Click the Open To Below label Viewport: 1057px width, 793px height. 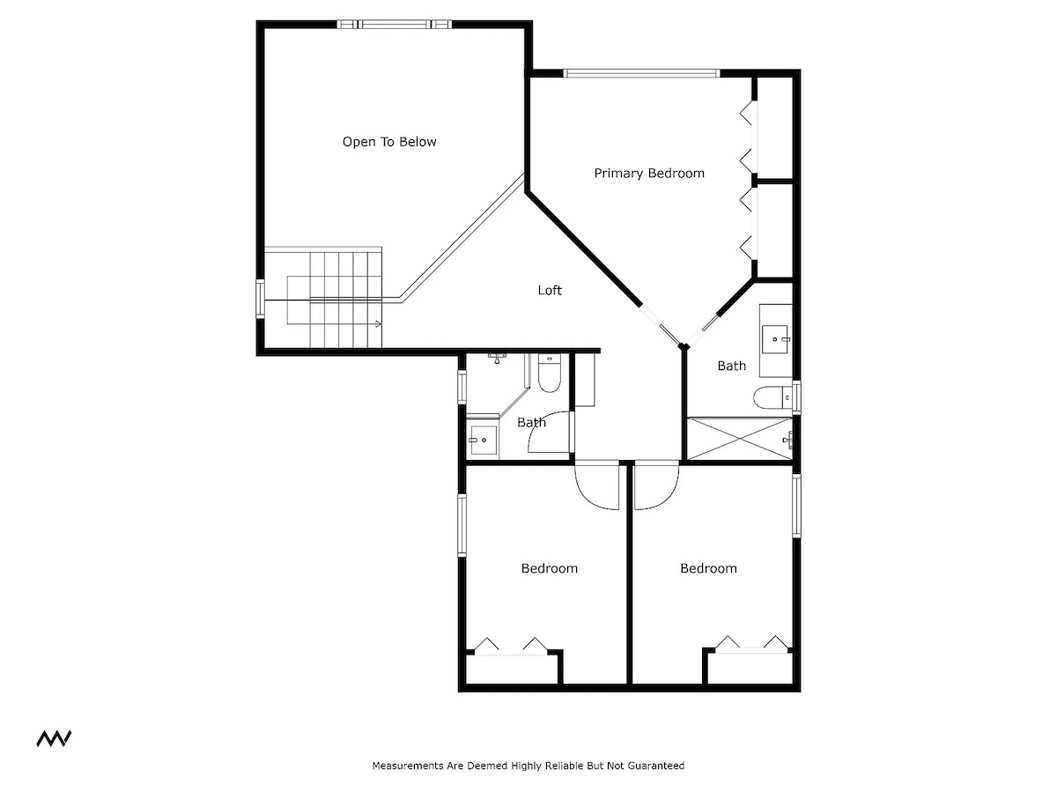coord(389,142)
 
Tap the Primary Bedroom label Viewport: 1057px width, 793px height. coord(649,174)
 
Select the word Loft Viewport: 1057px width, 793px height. coord(550,290)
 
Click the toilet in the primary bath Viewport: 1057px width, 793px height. coord(772,398)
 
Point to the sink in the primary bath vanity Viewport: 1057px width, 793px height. coord(775,339)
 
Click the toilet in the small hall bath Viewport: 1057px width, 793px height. coord(549,373)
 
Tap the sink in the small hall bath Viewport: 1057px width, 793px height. coord(484,440)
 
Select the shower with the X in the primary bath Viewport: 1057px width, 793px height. coord(739,438)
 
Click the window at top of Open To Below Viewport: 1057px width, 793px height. coord(395,24)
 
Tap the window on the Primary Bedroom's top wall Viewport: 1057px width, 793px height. coord(641,73)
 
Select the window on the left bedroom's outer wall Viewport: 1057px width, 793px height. coord(462,525)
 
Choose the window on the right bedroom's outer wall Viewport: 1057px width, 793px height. coord(796,505)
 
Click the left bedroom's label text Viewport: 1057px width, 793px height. coord(550,568)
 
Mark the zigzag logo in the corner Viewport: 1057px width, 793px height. coord(54,738)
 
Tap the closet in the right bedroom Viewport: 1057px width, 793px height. coord(750,667)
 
